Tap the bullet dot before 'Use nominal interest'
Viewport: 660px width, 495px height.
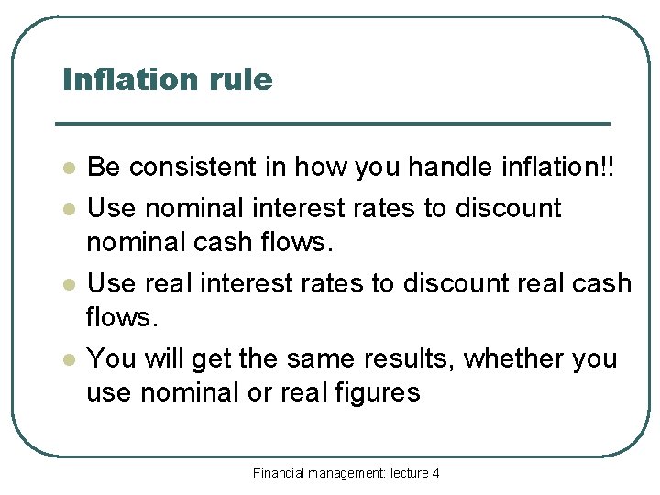67,209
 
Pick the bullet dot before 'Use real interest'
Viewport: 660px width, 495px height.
67,285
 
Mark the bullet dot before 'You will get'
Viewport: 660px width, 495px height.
67,360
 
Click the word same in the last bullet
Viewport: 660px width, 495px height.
313,358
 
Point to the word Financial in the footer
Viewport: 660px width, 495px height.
279,473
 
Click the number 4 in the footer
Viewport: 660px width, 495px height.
435,473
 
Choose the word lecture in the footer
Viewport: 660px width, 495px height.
408,473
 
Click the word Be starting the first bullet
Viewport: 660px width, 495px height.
103,168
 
